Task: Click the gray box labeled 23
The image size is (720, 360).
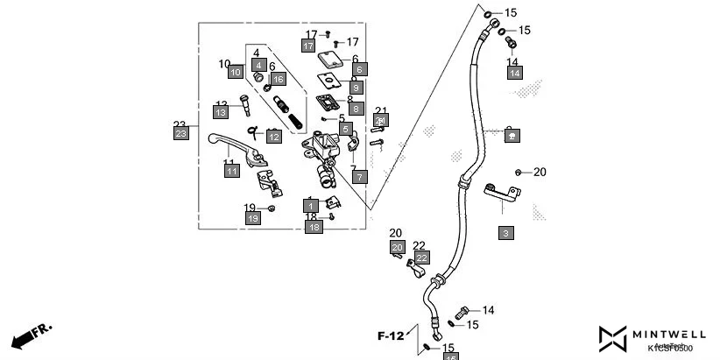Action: click(181, 133)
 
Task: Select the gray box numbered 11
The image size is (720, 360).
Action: click(231, 172)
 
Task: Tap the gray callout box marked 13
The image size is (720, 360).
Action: click(222, 112)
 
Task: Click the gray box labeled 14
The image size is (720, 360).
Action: click(514, 74)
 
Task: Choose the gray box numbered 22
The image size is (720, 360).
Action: click(421, 258)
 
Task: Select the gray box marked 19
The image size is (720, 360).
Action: click(252, 217)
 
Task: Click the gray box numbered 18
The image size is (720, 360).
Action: click(314, 228)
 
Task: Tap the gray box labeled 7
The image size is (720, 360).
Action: click(359, 177)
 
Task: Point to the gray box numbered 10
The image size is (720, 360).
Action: click(236, 72)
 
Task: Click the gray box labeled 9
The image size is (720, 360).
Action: click(355, 88)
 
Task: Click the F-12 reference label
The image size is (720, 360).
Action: click(391, 335)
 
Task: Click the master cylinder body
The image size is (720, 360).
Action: click(324, 148)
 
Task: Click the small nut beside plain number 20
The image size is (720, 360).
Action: click(519, 172)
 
